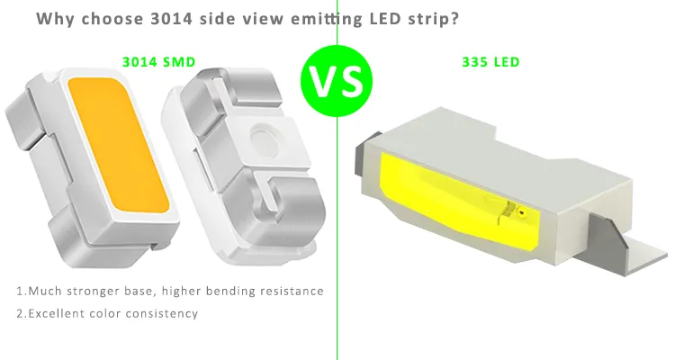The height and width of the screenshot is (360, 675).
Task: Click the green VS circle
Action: (x=336, y=82)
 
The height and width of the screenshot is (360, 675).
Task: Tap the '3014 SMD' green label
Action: (x=158, y=62)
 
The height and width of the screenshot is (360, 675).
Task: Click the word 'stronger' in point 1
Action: (x=93, y=292)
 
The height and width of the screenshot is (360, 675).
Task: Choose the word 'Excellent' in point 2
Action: (x=55, y=313)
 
